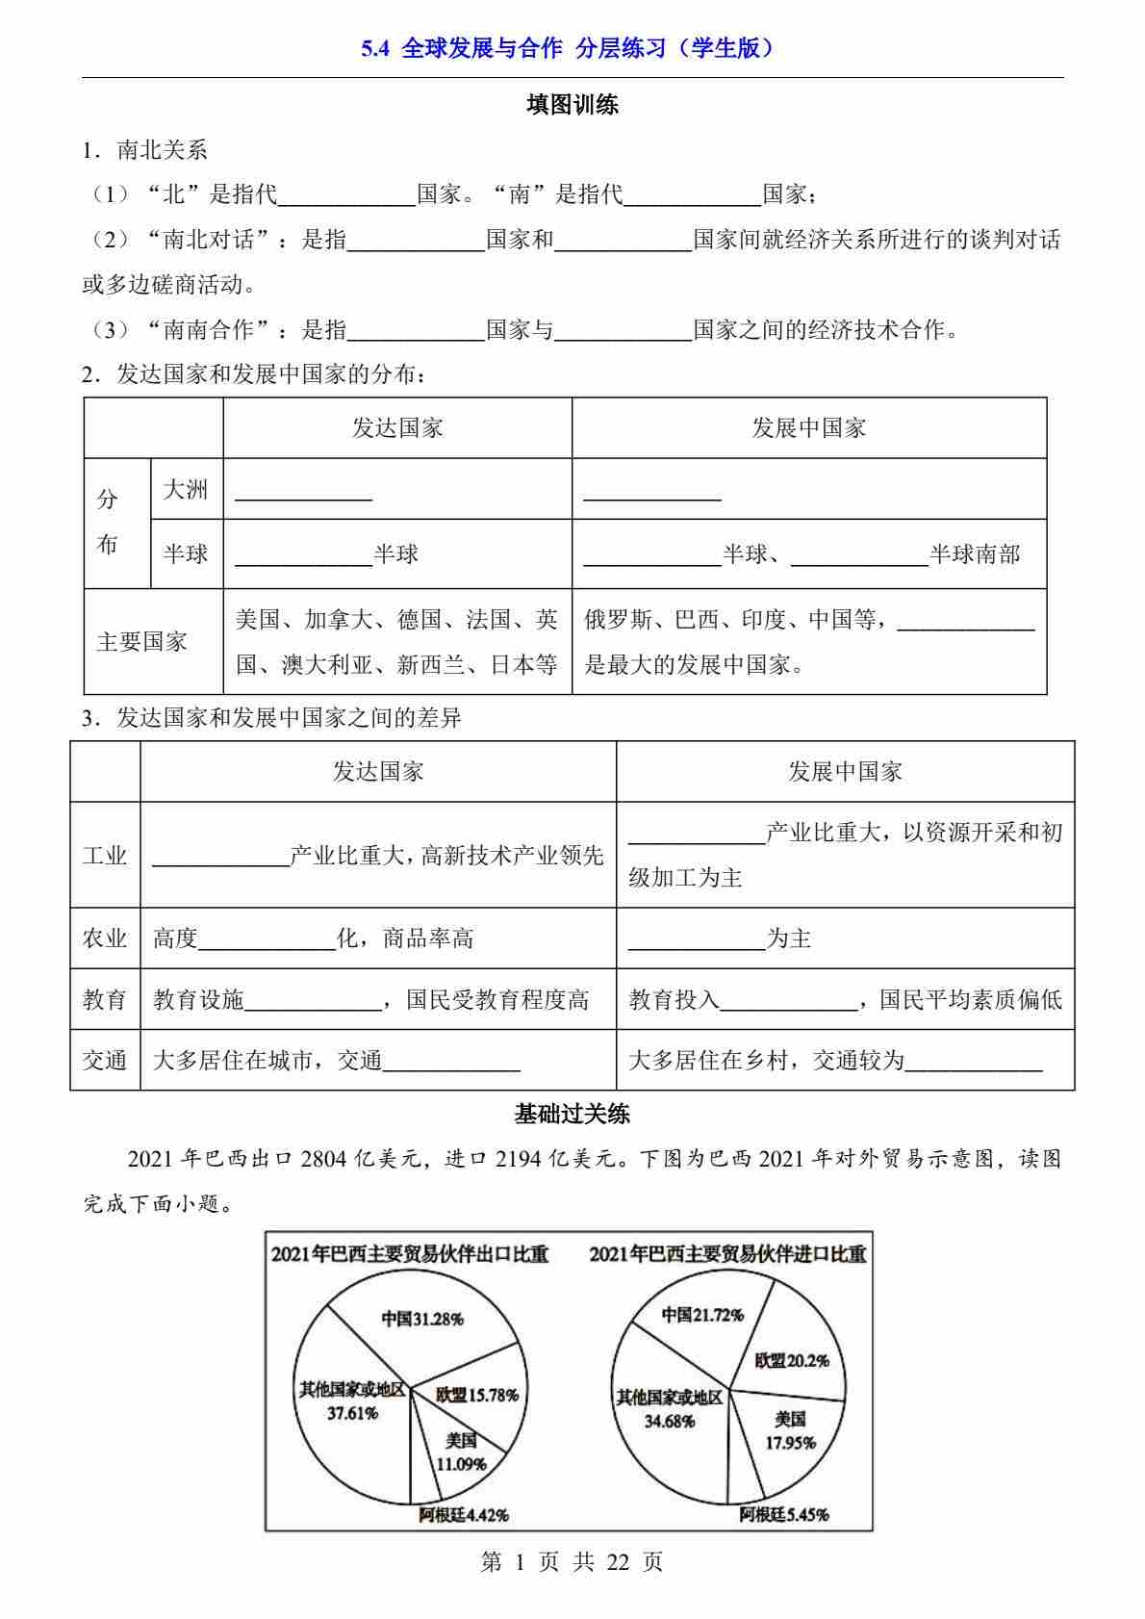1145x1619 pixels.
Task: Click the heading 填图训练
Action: (572, 105)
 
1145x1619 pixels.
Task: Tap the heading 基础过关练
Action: (572, 1115)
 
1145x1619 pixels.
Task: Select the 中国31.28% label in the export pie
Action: (421, 1319)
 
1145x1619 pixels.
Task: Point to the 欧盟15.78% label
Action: (477, 1394)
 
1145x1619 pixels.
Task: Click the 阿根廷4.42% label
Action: (464, 1514)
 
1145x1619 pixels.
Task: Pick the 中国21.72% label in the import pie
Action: (702, 1314)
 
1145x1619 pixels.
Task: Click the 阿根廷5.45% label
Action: (784, 1514)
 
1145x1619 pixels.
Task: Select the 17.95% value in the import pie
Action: (791, 1442)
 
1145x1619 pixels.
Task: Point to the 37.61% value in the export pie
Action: (352, 1413)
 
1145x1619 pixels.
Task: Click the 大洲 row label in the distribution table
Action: (186, 489)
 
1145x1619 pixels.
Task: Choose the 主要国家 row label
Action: (141, 642)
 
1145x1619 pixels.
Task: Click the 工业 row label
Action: (105, 855)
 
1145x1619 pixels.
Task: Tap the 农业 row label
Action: (105, 938)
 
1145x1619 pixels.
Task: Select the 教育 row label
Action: (105, 999)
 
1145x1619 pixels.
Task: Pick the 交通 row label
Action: (105, 1060)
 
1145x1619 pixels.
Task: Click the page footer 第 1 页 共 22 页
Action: (572, 1561)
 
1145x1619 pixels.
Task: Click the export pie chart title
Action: (410, 1254)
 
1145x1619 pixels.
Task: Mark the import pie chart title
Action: (727, 1254)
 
